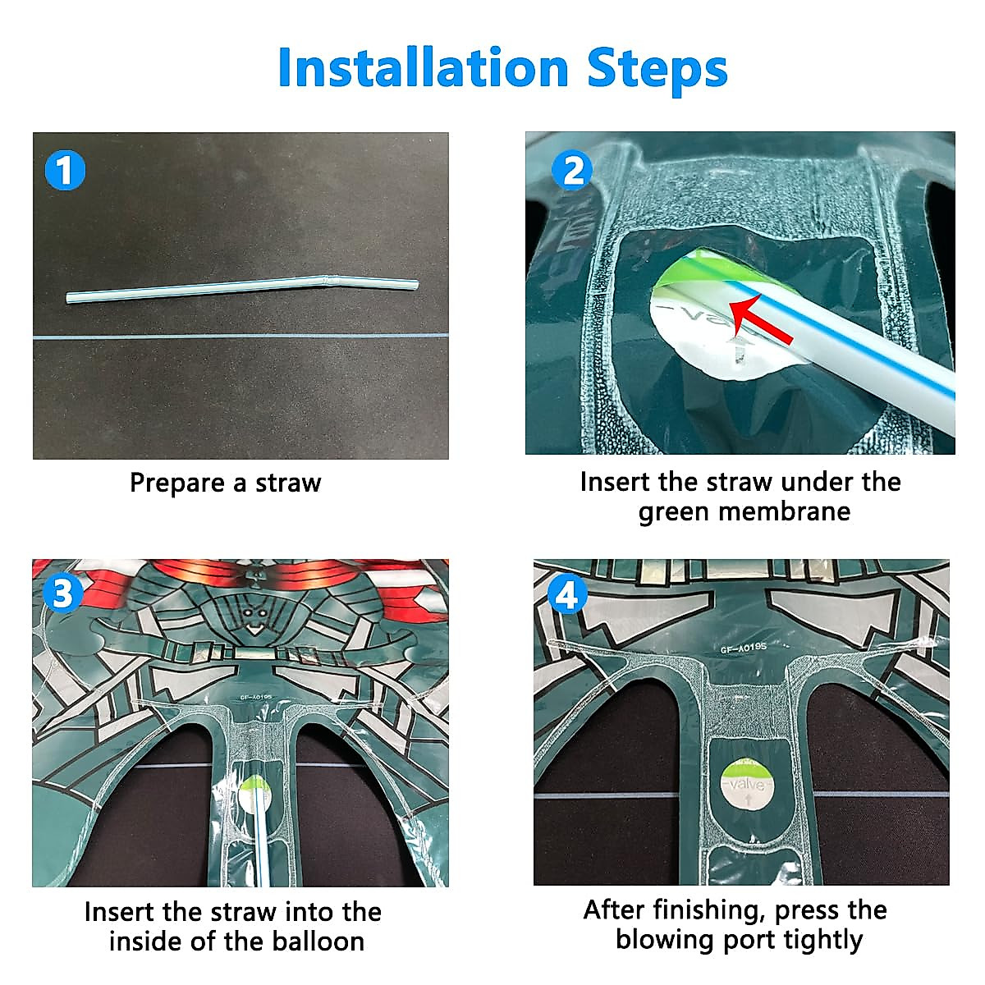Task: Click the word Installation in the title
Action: point(424,67)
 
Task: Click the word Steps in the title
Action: point(657,71)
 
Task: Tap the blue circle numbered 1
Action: point(65,170)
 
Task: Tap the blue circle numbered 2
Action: point(572,170)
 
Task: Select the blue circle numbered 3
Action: point(63,593)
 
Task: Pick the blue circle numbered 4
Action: point(567,594)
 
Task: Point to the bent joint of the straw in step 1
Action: point(328,281)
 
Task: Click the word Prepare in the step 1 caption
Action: point(176,483)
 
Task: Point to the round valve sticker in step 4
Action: point(747,786)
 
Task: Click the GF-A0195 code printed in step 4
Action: point(743,648)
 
